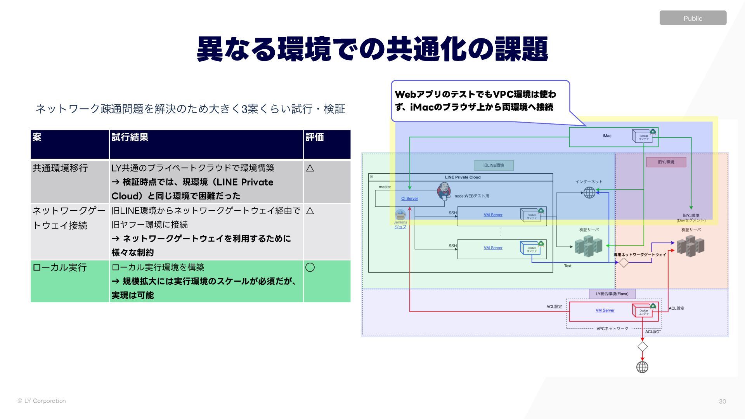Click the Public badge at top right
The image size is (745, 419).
click(x=693, y=18)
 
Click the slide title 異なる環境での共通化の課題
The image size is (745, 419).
click(x=372, y=49)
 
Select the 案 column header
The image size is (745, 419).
click(x=37, y=137)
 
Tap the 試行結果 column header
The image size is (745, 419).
click(x=130, y=137)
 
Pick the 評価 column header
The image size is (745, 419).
click(x=315, y=137)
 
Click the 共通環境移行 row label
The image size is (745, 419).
click(x=60, y=168)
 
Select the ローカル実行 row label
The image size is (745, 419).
click(x=60, y=267)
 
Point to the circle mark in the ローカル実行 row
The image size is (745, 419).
click(x=310, y=267)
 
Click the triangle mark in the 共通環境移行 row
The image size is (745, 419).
click(x=310, y=168)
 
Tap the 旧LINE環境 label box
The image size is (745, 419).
click(x=494, y=165)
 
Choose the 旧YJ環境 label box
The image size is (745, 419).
click(x=666, y=162)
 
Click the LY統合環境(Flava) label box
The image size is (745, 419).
click(x=612, y=294)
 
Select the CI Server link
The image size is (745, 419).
click(x=409, y=199)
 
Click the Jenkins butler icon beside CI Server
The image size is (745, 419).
click(x=444, y=190)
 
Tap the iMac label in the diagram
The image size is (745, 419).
click(x=607, y=136)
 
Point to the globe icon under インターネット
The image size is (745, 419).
click(x=589, y=192)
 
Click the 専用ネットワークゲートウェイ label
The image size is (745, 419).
click(x=640, y=255)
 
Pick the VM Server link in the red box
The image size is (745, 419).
click(x=605, y=310)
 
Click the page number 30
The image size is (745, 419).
click(x=722, y=402)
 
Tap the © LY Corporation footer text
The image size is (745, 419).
click(x=42, y=401)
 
